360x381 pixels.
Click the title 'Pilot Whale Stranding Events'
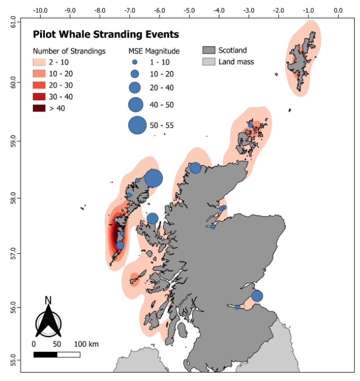[106, 35]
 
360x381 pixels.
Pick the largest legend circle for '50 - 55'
[137, 125]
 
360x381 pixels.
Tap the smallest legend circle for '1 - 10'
[135, 62]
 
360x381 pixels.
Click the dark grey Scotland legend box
[210, 51]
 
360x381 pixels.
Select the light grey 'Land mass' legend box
[210, 62]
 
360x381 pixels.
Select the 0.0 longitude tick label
[338, 10]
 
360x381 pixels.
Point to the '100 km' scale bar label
[87, 344]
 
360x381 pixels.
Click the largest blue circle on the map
[154, 178]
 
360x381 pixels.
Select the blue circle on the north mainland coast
[195, 168]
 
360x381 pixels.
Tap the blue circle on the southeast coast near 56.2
[257, 296]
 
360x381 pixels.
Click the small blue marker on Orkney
[251, 125]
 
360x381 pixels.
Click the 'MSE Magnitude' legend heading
[154, 51]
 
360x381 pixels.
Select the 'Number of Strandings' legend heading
[69, 51]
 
